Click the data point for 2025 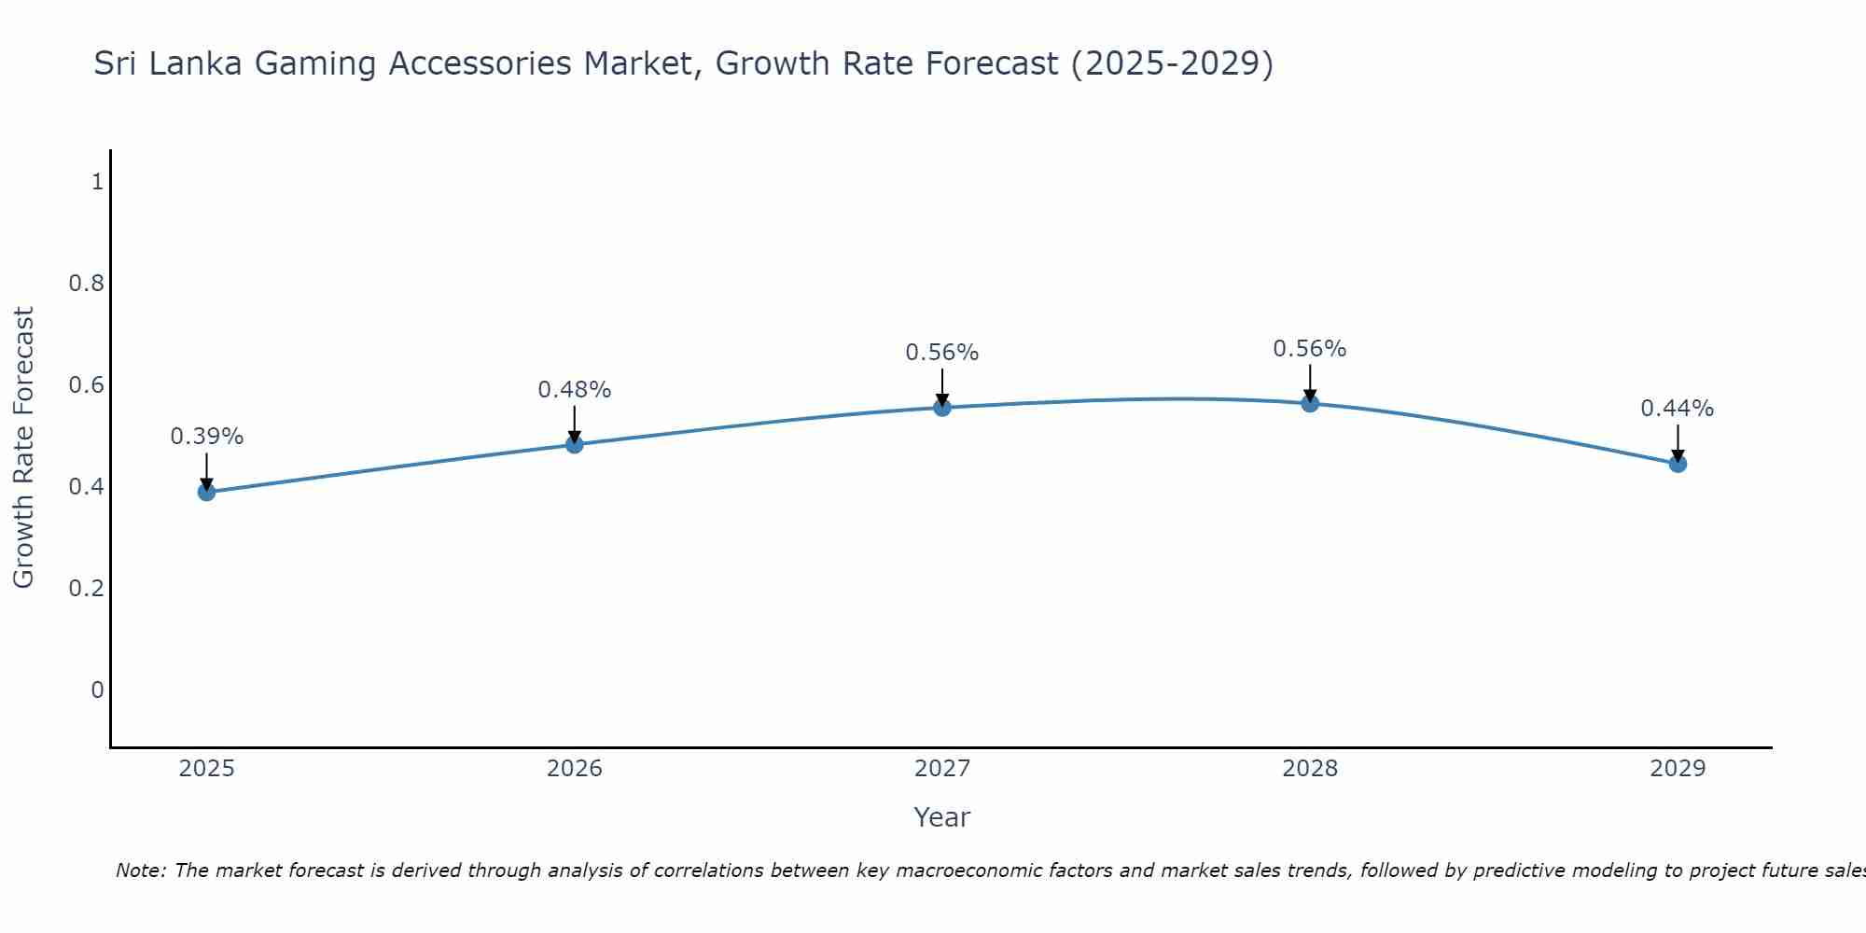pyautogui.click(x=206, y=492)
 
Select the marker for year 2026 pyautogui.click(x=574, y=444)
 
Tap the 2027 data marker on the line pyautogui.click(x=941, y=407)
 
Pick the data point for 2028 pyautogui.click(x=1309, y=403)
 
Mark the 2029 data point pyautogui.click(x=1677, y=464)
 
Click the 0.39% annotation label pyautogui.click(x=206, y=437)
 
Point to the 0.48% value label pyautogui.click(x=574, y=390)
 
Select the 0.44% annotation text pyautogui.click(x=1677, y=409)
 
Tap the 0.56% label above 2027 pyautogui.click(x=941, y=353)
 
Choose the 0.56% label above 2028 pyautogui.click(x=1309, y=349)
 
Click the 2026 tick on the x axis pyautogui.click(x=574, y=769)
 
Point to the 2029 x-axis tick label pyautogui.click(x=1677, y=769)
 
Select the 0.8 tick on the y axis pyautogui.click(x=86, y=283)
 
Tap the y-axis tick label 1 pyautogui.click(x=97, y=181)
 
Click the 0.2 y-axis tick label pyautogui.click(x=86, y=588)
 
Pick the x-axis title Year pyautogui.click(x=941, y=817)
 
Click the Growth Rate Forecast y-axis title pyautogui.click(x=23, y=448)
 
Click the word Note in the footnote pyautogui.click(x=140, y=870)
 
